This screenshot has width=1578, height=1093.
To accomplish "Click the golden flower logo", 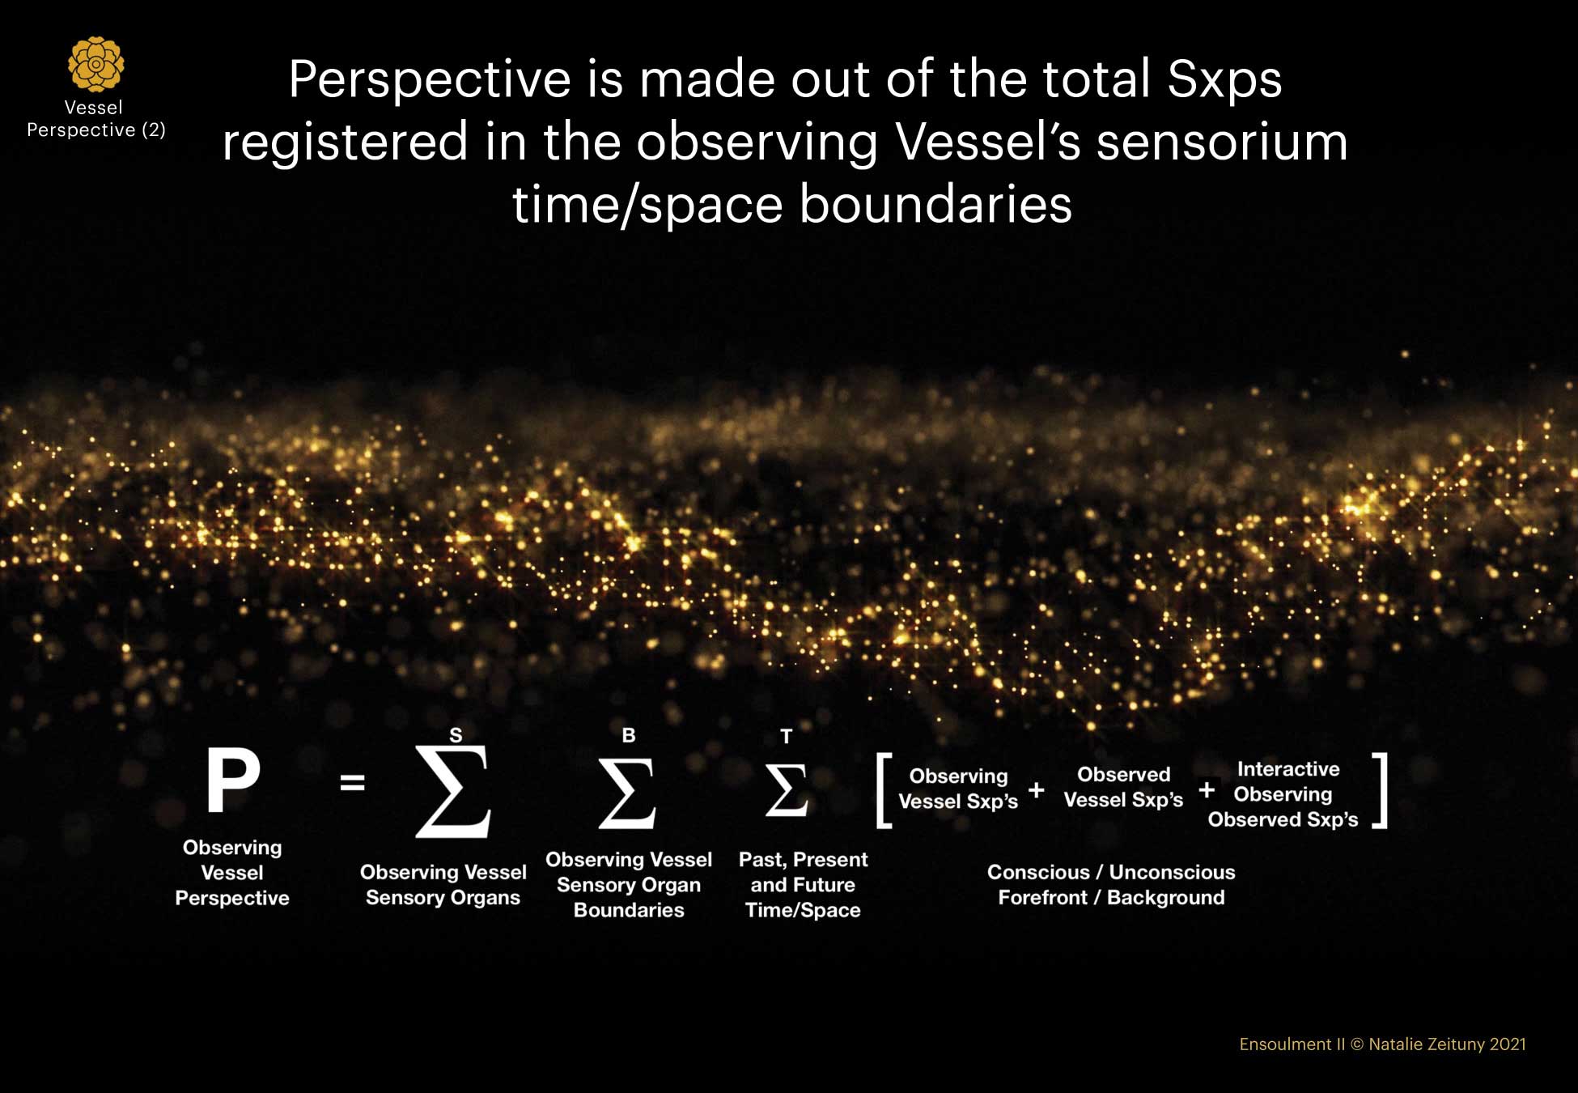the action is click(96, 63).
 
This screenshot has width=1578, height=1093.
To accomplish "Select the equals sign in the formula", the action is click(352, 783).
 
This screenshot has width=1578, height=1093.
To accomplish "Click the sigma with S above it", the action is click(453, 790).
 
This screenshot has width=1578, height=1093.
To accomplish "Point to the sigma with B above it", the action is click(627, 793).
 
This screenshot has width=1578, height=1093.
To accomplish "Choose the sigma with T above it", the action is click(787, 789).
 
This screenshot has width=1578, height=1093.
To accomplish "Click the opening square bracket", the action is click(884, 790).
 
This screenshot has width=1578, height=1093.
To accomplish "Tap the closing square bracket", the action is click(1380, 790).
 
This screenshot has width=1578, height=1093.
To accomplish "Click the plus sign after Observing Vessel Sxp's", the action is click(1036, 789).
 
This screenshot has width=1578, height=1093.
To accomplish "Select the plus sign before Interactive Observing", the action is click(1207, 789).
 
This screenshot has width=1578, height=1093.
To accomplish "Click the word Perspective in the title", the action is click(430, 80).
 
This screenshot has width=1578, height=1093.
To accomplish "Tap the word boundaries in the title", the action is click(935, 203).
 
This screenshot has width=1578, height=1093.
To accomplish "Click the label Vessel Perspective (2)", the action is click(95, 118).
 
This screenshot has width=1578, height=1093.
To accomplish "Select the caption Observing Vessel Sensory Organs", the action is click(443, 884).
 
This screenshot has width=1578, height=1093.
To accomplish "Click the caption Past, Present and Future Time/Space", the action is click(803, 884).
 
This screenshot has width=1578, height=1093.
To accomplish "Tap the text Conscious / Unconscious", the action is click(1111, 872).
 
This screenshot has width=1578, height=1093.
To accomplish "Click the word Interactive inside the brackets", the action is click(1288, 768).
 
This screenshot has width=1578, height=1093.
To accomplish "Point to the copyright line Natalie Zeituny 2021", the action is click(1447, 1044).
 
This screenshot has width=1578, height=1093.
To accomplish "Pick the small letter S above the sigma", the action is click(456, 735).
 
